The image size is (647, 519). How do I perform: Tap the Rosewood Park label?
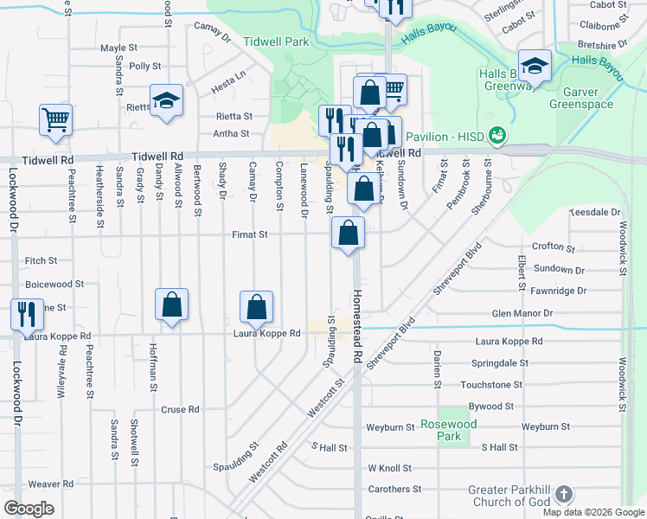point(448,431)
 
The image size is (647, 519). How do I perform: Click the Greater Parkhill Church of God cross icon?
point(563,495)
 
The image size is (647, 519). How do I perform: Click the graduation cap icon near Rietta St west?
point(166,99)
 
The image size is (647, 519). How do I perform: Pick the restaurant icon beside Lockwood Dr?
point(27,314)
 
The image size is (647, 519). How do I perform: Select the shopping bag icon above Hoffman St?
point(172,304)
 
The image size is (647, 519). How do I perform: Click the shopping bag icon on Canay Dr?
point(256,306)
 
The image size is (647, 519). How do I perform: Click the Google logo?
point(29,508)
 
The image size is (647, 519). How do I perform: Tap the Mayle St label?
point(119,48)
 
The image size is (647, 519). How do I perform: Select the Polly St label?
point(144,66)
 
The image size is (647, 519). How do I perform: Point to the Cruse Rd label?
point(181,409)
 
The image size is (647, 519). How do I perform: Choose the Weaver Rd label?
point(50,484)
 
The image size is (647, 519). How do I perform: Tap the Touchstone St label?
point(492,384)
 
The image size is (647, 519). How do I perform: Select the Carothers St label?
point(393,490)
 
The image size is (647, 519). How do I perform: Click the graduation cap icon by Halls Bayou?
point(535,66)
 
